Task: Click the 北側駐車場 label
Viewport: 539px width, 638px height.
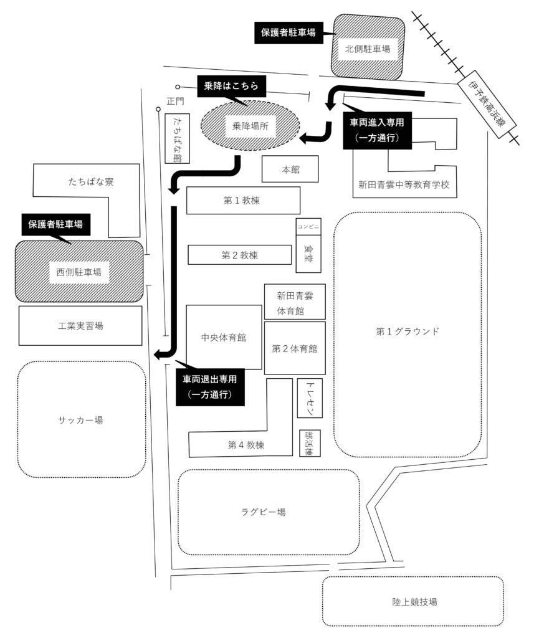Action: coord(368,49)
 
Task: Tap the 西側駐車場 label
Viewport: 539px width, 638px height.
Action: coord(79,272)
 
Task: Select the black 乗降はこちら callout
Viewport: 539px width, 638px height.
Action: coord(231,86)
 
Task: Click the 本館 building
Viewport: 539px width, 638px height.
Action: coord(290,169)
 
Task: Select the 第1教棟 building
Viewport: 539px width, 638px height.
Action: coord(243,200)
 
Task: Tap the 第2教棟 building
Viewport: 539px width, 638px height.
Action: coord(240,255)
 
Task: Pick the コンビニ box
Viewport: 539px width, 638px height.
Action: coord(308,227)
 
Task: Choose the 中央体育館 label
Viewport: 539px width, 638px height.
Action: coord(224,337)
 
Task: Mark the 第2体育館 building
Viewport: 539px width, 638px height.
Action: coord(295,348)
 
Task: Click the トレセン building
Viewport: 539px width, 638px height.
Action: coord(310,398)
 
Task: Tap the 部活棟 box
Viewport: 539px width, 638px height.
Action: coord(310,443)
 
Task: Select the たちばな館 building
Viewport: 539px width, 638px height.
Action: coord(178,139)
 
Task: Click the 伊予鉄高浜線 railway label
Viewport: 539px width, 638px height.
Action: coord(487,104)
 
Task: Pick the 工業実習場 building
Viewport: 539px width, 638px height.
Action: coord(80,325)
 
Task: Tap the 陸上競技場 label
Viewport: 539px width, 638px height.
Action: coord(414,602)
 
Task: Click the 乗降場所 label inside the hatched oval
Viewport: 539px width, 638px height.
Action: coord(250,126)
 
